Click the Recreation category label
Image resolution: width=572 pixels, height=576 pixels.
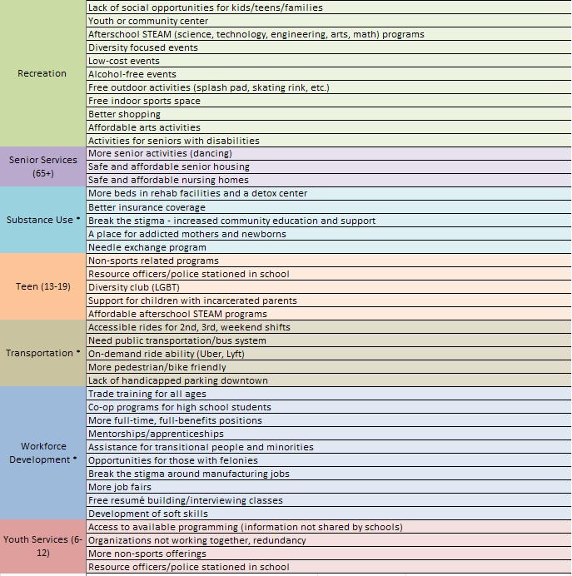pos(42,73)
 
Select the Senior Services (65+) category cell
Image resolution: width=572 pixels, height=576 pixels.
pos(42,166)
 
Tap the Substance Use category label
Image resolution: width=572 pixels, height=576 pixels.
pos(42,221)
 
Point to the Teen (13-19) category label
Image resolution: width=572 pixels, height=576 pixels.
pos(42,287)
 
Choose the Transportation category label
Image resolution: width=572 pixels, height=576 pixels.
pos(42,353)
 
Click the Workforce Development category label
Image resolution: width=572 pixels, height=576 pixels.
pos(42,453)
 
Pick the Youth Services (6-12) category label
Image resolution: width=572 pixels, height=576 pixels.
pos(42,547)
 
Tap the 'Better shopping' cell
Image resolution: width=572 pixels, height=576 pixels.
pos(124,114)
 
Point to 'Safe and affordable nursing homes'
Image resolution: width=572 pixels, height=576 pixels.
pos(168,180)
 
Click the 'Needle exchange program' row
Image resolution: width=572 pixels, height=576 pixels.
pos(147,247)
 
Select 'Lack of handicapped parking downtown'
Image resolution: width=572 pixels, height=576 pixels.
pos(178,380)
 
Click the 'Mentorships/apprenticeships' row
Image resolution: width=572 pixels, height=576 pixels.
pos(156,434)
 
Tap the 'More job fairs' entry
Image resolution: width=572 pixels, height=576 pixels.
pos(120,487)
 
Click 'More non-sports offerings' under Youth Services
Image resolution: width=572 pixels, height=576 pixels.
pos(147,554)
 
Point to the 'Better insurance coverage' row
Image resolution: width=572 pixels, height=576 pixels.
pos(147,207)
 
